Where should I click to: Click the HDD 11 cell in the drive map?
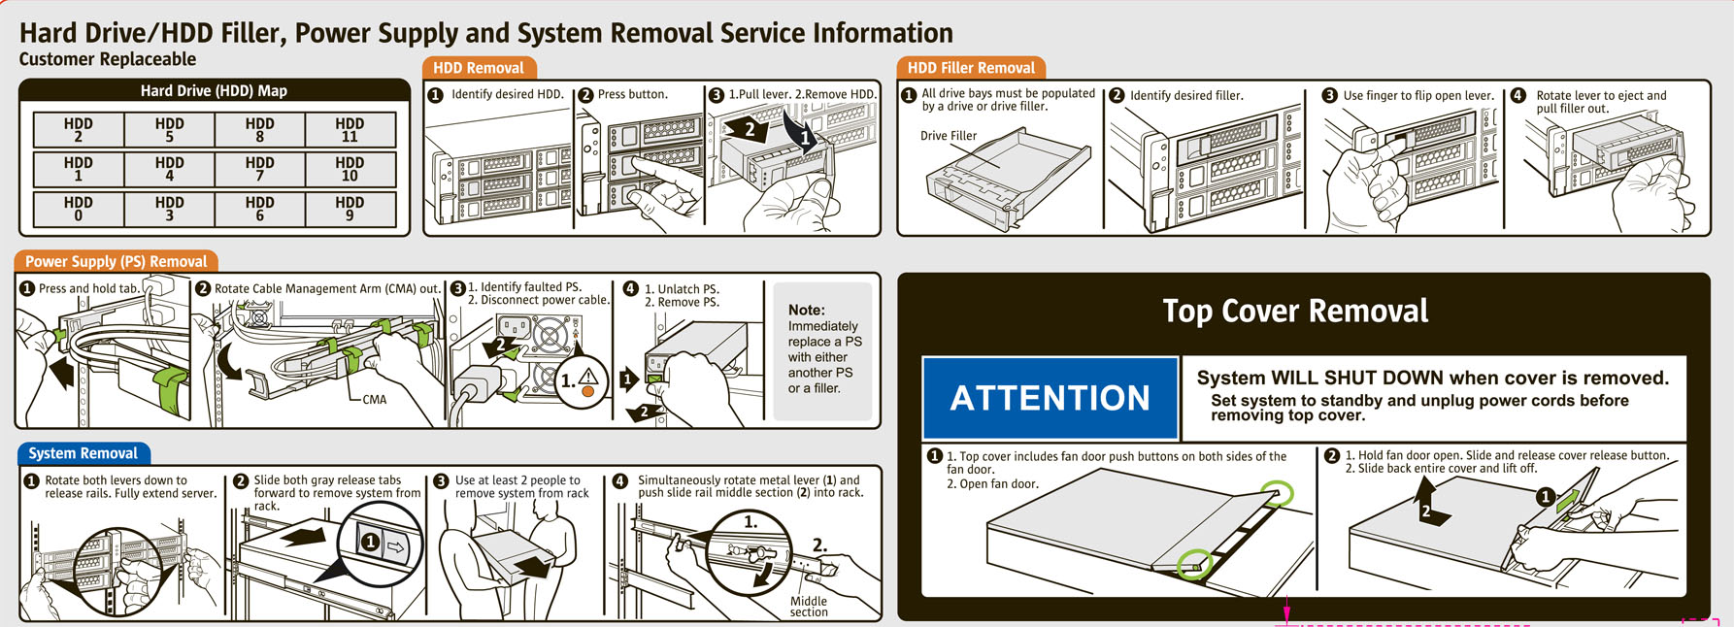350,130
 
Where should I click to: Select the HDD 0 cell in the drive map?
79,209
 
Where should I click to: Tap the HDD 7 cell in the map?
259,169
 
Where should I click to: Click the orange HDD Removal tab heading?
478,68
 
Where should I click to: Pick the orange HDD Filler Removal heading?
971,68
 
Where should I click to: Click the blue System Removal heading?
83,453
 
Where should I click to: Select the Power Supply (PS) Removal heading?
116,261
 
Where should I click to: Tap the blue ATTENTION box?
1050,398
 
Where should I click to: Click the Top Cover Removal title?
1295,311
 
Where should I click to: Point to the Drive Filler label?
949,136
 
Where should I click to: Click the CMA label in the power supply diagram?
374,400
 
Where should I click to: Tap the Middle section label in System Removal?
809,607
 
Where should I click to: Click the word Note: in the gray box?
806,310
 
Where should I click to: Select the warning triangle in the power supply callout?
587,377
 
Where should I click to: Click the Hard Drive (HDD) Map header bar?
214,90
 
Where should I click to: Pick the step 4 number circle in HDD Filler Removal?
1517,95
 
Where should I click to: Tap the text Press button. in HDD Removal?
633,94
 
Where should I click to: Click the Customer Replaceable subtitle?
108,59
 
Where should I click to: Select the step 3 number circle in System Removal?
441,481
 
